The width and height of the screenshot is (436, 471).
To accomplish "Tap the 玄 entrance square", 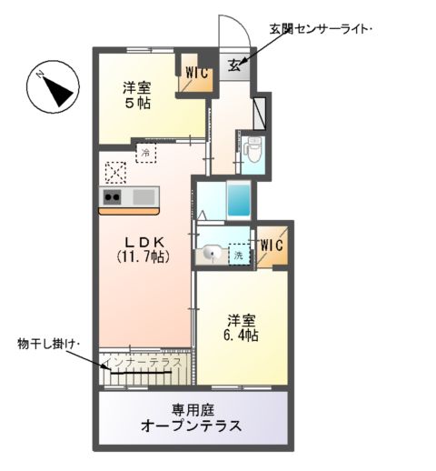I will click(234, 64).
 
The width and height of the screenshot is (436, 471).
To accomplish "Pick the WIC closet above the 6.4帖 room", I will click(272, 246).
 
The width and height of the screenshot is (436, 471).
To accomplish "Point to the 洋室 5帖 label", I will click(137, 95).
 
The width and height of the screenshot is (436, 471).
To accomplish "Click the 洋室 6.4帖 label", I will click(242, 328).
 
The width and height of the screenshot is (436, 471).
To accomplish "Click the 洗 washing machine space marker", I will click(239, 256).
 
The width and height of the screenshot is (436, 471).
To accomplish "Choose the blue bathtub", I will click(238, 199).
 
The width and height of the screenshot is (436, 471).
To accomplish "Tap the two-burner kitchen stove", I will click(114, 196).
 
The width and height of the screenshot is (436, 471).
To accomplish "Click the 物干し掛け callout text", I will click(49, 343).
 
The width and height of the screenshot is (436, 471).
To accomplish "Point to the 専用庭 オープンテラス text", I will click(191, 418).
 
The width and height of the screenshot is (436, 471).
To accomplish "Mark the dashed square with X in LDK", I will click(116, 172).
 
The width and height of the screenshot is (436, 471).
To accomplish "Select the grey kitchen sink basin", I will click(144, 196).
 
